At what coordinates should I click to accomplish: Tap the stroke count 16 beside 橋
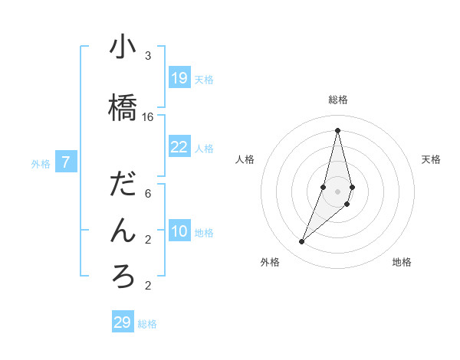click(148, 117)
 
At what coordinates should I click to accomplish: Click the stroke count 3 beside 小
click(148, 56)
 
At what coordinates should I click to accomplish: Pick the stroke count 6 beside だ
click(148, 194)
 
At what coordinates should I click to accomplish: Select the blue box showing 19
click(179, 77)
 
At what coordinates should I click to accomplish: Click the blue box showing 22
click(179, 147)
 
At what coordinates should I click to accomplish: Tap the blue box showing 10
click(179, 231)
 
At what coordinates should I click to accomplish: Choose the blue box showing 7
click(66, 162)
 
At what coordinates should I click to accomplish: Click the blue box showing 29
click(123, 322)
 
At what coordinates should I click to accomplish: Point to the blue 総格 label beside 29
click(147, 324)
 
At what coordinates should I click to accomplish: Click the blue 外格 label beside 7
click(41, 163)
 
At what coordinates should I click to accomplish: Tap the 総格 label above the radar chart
click(337, 100)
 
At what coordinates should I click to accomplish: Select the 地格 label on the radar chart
click(402, 262)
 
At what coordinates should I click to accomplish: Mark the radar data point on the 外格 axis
click(301, 242)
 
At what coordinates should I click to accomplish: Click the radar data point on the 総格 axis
click(337, 130)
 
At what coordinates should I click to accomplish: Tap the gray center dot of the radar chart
click(337, 191)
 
